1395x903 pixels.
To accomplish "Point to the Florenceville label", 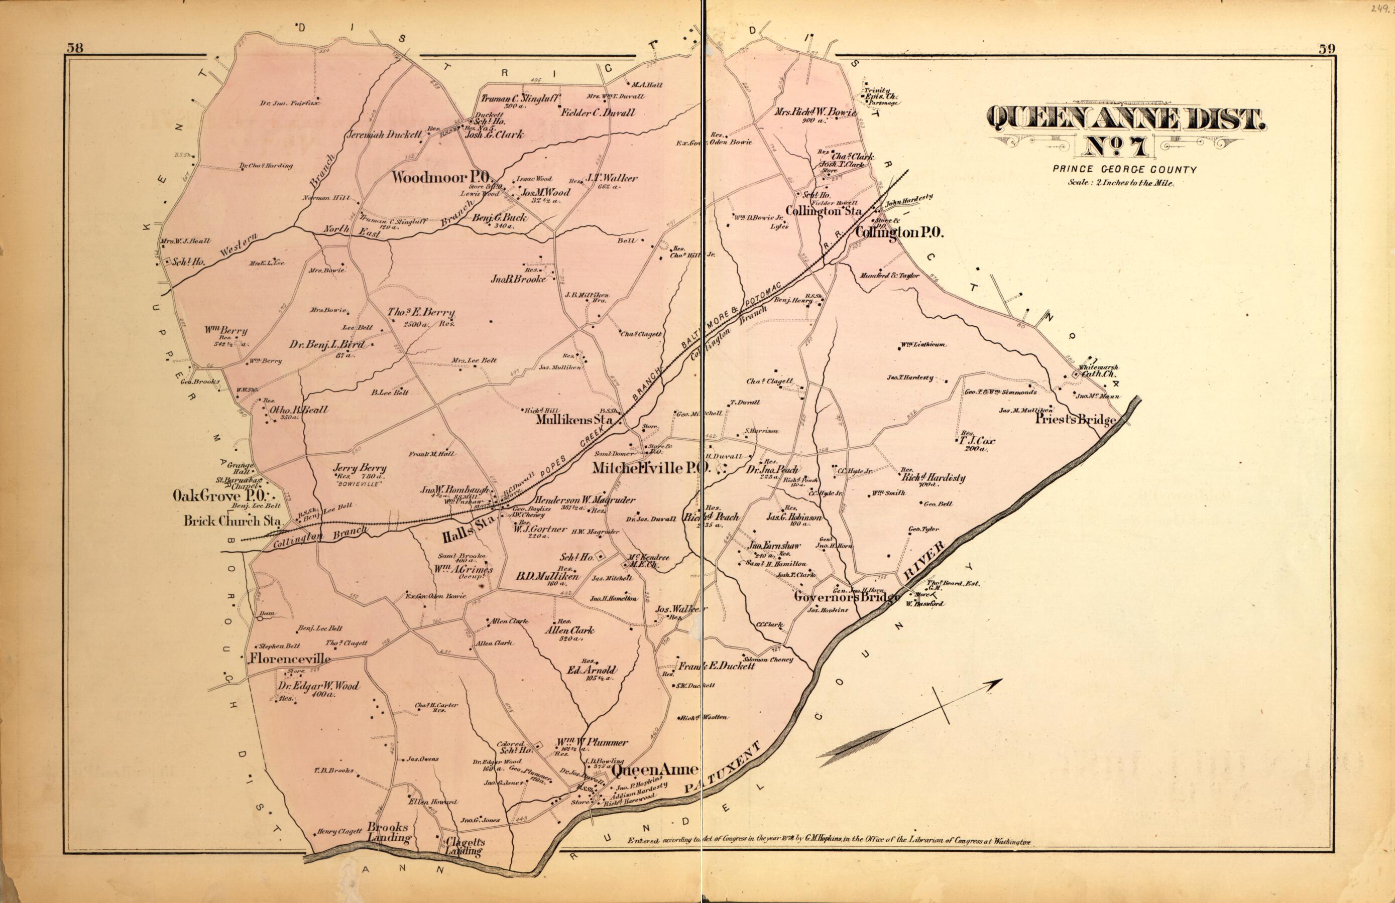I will coord(290,659).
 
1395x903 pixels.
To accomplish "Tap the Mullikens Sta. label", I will coord(575,420).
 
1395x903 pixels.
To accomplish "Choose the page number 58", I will coord(74,48).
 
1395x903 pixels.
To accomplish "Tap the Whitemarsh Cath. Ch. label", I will coord(1097,370).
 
